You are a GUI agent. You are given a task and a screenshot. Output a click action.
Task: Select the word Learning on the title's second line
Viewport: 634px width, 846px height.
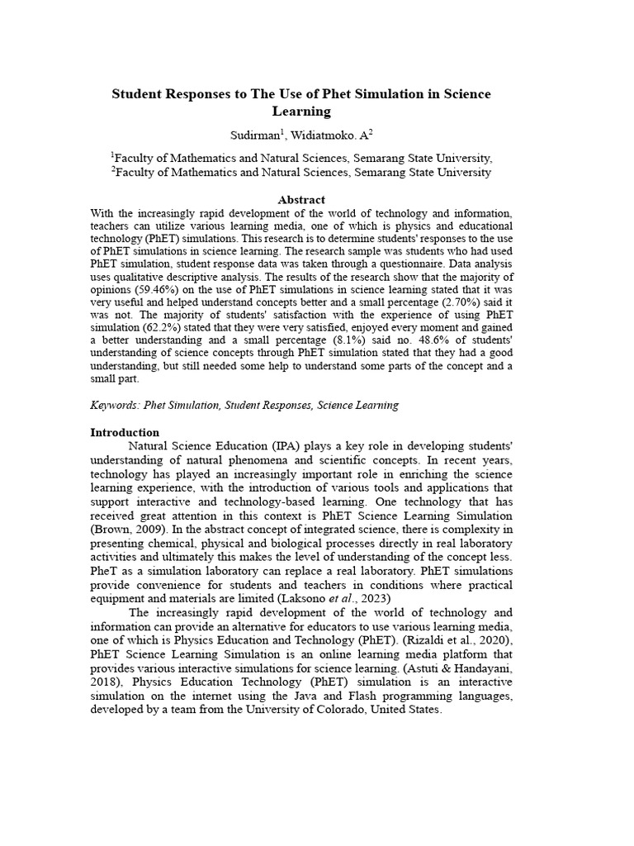click(x=301, y=112)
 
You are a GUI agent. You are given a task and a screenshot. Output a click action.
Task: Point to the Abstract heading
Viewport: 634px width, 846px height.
click(x=301, y=199)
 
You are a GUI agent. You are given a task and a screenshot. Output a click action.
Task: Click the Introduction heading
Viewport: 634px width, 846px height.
click(x=125, y=432)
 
